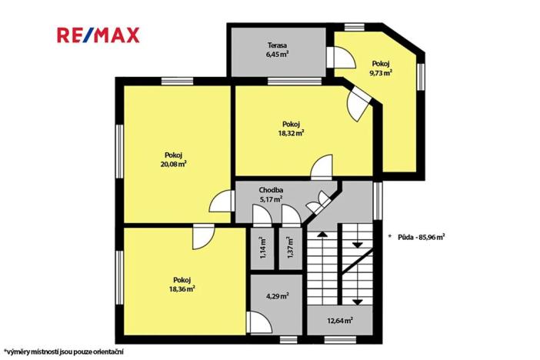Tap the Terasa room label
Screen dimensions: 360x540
click(278, 45)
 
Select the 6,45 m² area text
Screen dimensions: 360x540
click(278, 55)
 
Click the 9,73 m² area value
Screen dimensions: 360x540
click(381, 73)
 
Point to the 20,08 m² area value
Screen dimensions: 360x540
click(175, 163)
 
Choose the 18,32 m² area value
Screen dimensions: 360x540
click(291, 132)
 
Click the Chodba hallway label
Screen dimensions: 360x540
click(272, 189)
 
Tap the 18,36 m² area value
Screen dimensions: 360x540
click(182, 288)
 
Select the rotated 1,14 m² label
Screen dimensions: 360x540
click(262, 248)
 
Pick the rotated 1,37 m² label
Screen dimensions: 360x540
click(289, 248)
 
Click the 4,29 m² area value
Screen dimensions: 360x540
click(277, 295)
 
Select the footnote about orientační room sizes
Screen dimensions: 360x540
click(52, 351)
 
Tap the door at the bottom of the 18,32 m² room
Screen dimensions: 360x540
click(322, 167)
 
